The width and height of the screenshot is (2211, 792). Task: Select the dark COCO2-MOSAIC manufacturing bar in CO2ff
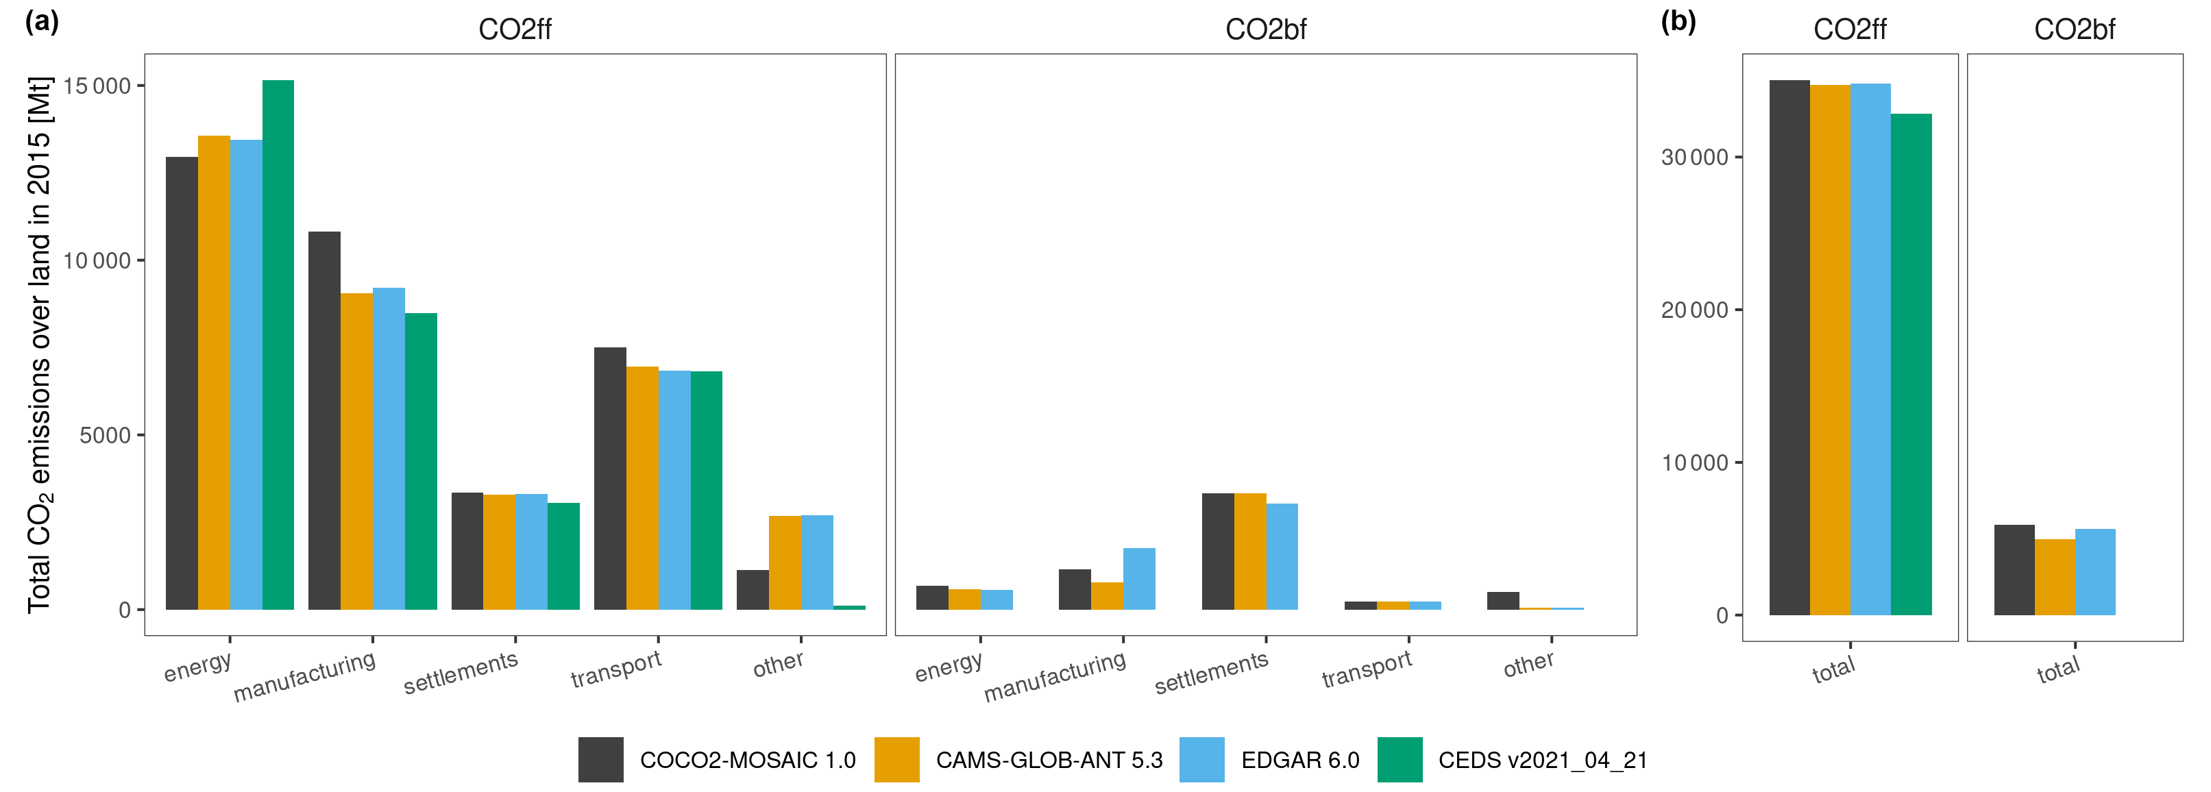324,421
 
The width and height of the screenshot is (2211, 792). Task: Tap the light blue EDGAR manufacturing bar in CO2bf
1139,579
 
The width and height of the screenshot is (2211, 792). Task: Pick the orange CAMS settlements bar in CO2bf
1249,552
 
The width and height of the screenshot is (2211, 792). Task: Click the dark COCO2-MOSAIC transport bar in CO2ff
609,479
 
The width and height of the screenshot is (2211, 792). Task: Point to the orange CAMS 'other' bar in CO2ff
785,563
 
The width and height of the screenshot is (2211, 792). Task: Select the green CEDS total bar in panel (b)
1911,364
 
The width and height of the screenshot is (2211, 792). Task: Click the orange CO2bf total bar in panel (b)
2054,578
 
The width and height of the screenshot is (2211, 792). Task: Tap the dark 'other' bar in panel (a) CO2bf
1503,601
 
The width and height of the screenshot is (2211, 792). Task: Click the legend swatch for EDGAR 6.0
1201,759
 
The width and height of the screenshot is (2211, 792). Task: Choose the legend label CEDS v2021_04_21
1542,760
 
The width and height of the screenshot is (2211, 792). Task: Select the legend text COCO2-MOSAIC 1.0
748,760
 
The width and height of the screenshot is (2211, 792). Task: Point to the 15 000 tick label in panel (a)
97,86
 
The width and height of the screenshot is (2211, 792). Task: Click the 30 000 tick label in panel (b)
1694,158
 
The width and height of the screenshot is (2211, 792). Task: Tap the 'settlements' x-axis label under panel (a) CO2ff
461,672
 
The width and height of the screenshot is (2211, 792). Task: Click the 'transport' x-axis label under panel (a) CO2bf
1367,669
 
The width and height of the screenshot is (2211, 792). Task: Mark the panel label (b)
1678,21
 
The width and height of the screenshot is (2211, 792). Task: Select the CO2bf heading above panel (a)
1265,30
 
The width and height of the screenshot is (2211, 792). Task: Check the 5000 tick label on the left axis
105,435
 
